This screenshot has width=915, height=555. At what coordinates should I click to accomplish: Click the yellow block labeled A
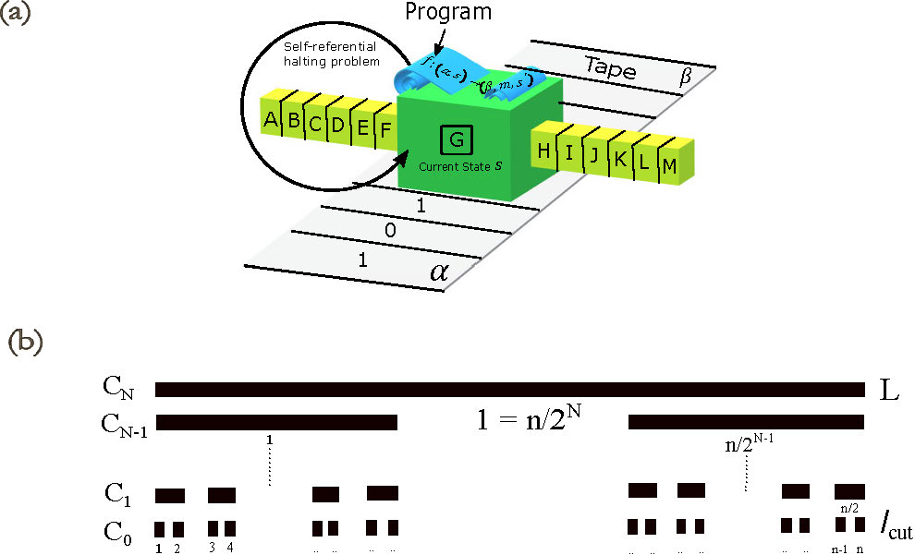tap(271, 120)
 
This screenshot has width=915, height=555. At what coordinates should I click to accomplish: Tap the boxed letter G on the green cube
tap(457, 141)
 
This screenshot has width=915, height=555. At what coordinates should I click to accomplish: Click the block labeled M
tap(670, 166)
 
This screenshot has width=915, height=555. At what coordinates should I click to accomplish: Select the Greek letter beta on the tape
tap(685, 78)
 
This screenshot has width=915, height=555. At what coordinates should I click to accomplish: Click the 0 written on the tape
tap(390, 230)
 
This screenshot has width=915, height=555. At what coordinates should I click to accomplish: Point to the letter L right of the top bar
tap(889, 391)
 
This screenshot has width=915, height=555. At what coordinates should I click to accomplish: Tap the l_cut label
tap(894, 529)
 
